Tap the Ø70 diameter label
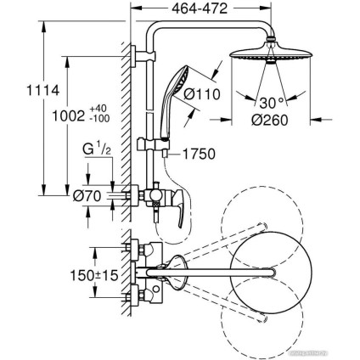(x=87, y=196)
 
